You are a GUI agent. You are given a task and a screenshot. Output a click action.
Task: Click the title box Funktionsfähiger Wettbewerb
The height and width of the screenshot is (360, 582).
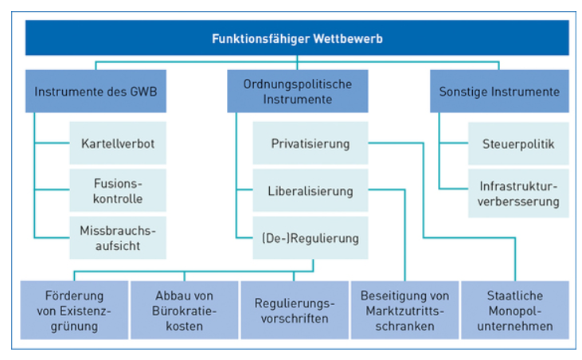coord(297,37)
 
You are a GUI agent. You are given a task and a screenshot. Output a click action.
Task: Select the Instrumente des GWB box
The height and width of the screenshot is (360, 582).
coord(96,92)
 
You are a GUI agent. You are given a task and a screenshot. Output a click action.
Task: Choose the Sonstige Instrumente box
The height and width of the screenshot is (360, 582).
coord(499,92)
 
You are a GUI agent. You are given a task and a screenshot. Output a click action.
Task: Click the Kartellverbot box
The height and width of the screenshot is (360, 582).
coord(118,144)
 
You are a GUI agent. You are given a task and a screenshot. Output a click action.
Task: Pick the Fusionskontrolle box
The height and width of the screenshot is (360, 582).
coord(118,190)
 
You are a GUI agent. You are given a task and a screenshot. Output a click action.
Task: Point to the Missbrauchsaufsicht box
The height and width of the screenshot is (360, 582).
coord(118,237)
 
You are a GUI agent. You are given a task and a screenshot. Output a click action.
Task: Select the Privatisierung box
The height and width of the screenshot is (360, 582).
coord(311,144)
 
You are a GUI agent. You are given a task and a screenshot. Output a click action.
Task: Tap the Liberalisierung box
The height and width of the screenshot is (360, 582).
coord(311,190)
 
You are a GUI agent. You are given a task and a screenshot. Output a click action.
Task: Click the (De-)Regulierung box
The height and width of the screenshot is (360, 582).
coord(311,237)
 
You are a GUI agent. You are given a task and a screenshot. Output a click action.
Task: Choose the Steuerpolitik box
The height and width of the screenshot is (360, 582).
coord(518,144)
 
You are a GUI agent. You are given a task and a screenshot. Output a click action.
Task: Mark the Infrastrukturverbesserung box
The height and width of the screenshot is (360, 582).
coord(518,194)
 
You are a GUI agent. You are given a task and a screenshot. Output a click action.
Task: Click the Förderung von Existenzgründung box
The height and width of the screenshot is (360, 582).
coord(71,309)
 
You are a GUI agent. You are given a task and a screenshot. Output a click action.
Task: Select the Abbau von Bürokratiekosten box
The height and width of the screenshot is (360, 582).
coord(183,309)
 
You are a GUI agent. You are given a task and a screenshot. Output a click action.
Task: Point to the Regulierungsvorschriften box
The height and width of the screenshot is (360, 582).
coord(295,309)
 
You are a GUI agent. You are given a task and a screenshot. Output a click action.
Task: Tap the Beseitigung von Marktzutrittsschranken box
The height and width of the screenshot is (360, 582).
coord(405,309)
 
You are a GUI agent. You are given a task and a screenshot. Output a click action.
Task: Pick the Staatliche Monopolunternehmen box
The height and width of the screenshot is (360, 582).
coord(516,309)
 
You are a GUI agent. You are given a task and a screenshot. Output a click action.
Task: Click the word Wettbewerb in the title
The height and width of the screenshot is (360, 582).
coord(345,37)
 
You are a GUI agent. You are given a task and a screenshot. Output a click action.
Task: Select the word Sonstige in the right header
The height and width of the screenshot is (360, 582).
coord(463,92)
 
